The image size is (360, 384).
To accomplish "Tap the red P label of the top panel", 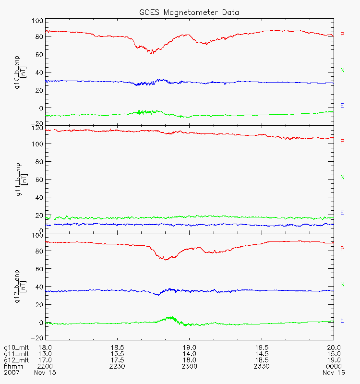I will coord(342,35).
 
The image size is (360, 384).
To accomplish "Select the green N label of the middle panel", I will coord(343,178).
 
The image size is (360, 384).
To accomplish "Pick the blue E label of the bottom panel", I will coord(342,320).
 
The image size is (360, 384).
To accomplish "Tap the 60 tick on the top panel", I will coord(38,55).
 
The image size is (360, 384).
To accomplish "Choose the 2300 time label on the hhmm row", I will coord(189,366).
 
